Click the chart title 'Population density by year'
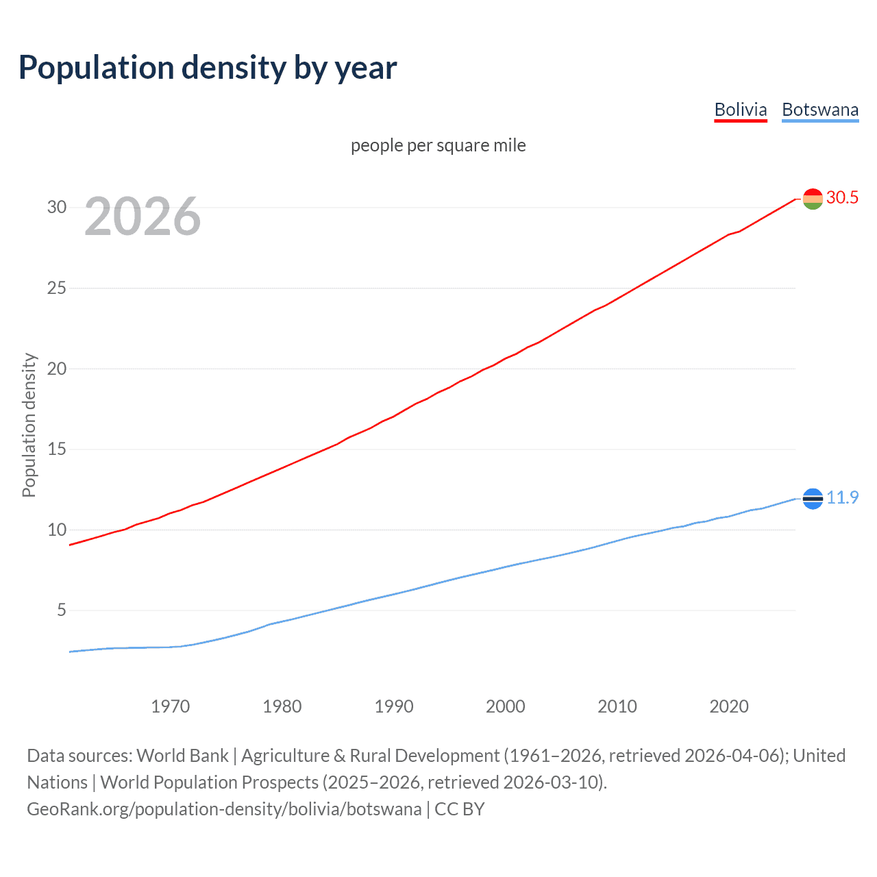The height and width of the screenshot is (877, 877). pos(208,68)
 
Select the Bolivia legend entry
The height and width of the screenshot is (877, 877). pos(740,110)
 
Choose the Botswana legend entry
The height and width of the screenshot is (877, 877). pos(820,110)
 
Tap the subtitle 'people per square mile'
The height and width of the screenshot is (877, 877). pos(438,145)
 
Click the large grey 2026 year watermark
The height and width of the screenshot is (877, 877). pos(143,217)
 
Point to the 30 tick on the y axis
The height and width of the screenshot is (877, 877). pos(57,207)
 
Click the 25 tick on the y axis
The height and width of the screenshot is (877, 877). pos(57,288)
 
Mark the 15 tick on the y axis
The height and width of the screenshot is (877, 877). pos(57,449)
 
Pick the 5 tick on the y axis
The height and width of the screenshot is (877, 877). pos(62,610)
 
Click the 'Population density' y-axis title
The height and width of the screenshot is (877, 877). pos(29,425)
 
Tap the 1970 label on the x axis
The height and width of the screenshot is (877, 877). pos(170,706)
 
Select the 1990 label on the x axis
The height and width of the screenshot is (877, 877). pos(394,706)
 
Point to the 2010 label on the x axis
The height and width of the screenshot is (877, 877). pos(617,706)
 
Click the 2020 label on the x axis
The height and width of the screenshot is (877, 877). pos(729,706)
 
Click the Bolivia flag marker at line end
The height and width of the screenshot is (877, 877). pos(813,199)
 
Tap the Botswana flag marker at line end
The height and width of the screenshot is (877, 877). pos(813,499)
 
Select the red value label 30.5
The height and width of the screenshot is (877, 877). pos(842,198)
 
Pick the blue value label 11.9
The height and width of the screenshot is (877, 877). pos(842,498)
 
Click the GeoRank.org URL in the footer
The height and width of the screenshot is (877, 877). pos(224,809)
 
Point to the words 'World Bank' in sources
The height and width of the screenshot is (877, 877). pos(182,756)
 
